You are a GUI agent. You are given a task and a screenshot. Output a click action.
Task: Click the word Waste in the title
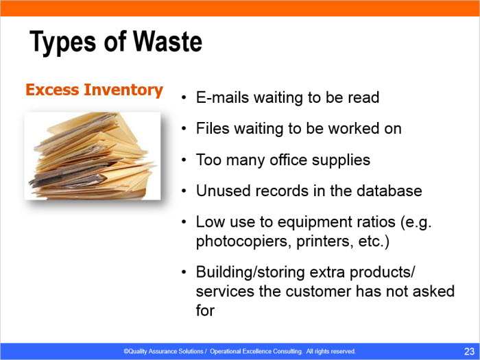[168, 41]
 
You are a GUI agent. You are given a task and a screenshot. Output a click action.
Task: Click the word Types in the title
[63, 43]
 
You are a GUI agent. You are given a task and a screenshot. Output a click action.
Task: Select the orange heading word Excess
[52, 90]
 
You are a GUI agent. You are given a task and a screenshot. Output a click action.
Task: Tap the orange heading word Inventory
[123, 91]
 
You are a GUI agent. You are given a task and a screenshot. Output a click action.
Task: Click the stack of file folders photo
[93, 156]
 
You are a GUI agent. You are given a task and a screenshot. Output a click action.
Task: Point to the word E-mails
[223, 97]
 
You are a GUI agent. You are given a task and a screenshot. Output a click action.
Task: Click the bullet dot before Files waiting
[183, 129]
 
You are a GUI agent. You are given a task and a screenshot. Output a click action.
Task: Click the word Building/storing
[250, 272]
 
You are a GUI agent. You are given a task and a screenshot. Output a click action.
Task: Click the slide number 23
[469, 351]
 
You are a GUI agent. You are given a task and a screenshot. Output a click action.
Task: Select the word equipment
[314, 222]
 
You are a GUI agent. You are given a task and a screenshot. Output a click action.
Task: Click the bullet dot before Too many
[183, 160]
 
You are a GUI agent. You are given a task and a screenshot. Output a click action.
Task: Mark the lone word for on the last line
[205, 311]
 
